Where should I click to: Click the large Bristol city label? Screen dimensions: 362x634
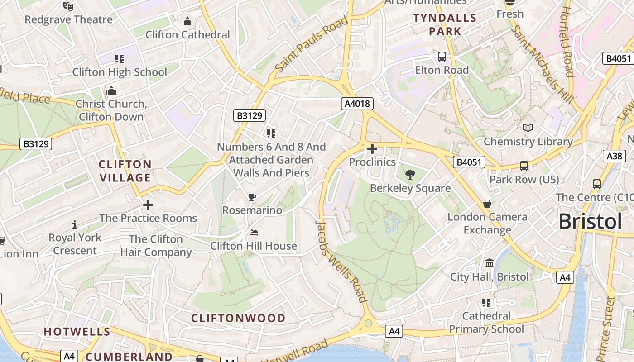[590, 222]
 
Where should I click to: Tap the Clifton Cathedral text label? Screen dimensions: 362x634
[187, 35]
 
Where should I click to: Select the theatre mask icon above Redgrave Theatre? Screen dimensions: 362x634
[68, 6]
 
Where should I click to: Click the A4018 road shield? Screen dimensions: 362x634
[357, 104]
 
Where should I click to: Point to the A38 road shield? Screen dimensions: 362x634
[614, 156]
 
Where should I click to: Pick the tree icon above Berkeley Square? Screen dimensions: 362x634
[410, 175]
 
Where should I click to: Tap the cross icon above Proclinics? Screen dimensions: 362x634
[372, 148]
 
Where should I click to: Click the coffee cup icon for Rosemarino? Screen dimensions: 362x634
[252, 197]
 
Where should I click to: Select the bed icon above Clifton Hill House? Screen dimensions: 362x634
[254, 233]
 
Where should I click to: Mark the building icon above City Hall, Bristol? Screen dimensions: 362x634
[490, 263]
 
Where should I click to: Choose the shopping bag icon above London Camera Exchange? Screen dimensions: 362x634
[487, 204]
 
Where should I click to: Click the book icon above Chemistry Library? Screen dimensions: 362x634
[528, 128]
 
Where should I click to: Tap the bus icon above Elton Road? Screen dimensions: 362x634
[442, 57]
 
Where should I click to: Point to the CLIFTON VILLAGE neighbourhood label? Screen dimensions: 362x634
[125, 171]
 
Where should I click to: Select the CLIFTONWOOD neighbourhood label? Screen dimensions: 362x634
[238, 318]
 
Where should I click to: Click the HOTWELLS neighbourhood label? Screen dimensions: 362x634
[77, 331]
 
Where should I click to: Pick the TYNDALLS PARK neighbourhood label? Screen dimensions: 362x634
[445, 25]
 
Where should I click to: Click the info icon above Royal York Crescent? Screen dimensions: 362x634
[75, 224]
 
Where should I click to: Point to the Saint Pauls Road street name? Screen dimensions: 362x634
[311, 44]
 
